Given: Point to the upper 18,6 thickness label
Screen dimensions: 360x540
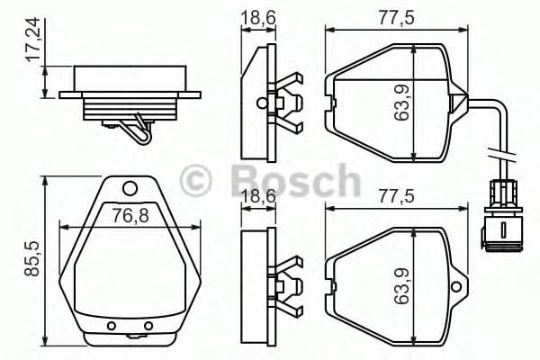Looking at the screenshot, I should click(259, 15).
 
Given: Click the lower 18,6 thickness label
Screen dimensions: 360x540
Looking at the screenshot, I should click(259, 195).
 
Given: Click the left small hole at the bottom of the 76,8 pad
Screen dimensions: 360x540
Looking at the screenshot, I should click(111, 325).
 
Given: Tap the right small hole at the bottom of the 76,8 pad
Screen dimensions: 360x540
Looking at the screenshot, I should click(148, 325).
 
